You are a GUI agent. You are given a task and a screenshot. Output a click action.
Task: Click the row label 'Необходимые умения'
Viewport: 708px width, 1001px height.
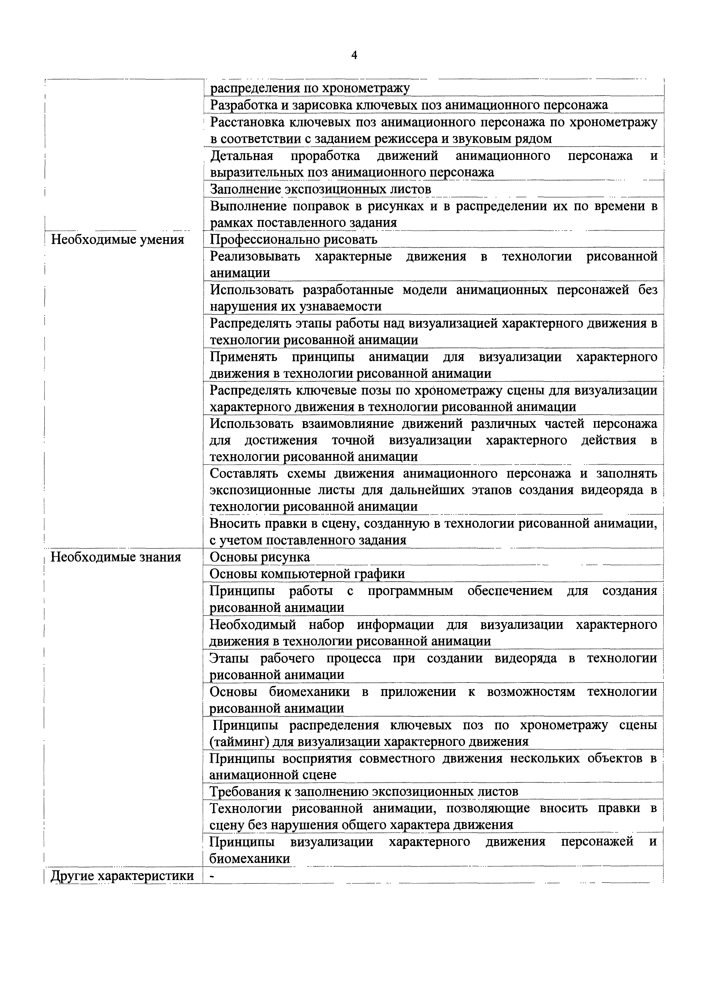pos(118,239)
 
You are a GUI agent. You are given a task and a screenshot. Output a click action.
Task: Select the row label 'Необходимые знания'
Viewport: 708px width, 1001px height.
pos(116,557)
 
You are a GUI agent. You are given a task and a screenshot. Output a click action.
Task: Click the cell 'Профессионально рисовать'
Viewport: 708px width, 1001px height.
pos(294,239)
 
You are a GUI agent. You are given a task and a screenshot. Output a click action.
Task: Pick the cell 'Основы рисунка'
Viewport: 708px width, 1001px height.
pos(260,557)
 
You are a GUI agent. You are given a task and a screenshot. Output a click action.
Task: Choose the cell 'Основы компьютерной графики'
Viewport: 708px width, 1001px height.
pos(307,574)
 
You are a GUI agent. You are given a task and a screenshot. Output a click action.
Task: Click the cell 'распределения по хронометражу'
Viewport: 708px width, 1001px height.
pos(310,88)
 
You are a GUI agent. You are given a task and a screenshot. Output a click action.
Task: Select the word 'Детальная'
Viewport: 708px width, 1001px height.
pos(241,156)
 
